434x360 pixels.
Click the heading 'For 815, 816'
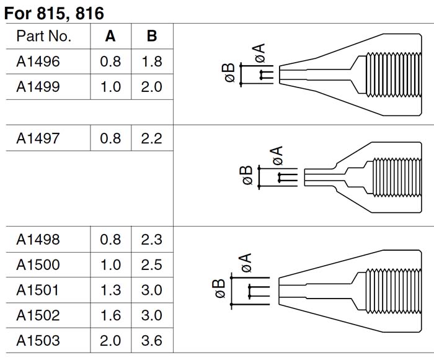(x=55, y=13)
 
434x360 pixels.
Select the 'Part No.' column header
(x=44, y=36)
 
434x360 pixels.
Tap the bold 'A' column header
(x=110, y=36)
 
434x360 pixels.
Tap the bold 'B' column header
(x=152, y=36)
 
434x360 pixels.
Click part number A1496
(x=38, y=61)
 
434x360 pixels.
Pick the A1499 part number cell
(x=38, y=87)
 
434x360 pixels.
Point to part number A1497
(x=38, y=138)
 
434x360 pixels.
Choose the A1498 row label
(x=38, y=240)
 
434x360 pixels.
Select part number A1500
(x=38, y=264)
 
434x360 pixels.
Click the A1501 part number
(x=37, y=290)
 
